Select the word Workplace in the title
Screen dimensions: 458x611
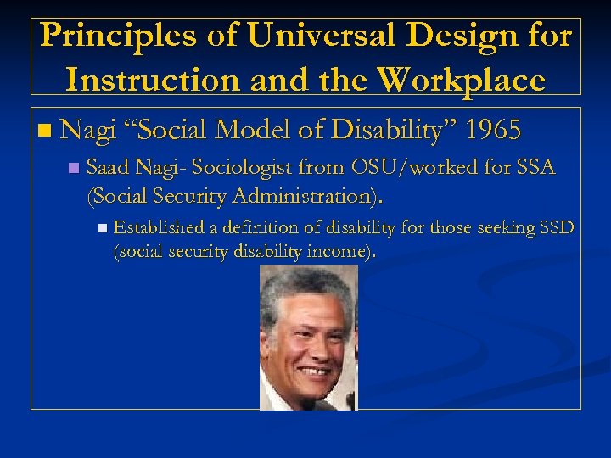[x=462, y=80]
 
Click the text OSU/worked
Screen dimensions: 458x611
[x=410, y=167]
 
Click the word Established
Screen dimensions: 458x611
[x=159, y=227]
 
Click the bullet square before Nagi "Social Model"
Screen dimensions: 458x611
[x=45, y=131]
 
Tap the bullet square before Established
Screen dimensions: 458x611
[x=102, y=228]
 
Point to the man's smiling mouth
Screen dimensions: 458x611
[x=314, y=371]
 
